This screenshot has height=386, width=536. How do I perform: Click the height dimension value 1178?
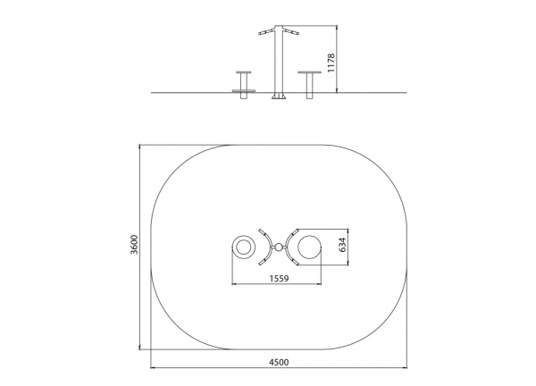[331, 63]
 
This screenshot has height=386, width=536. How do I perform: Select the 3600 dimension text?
[134, 244]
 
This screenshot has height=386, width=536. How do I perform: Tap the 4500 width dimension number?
[279, 362]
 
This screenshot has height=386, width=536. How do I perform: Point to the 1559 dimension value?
[279, 279]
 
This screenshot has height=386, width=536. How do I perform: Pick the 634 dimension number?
[342, 245]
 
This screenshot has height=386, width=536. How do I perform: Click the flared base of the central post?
[279, 96]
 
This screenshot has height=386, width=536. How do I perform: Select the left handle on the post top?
[266, 32]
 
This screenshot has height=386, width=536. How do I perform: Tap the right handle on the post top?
[290, 32]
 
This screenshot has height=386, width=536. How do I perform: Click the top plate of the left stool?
[243, 72]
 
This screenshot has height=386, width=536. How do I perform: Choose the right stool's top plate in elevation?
[309, 72]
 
